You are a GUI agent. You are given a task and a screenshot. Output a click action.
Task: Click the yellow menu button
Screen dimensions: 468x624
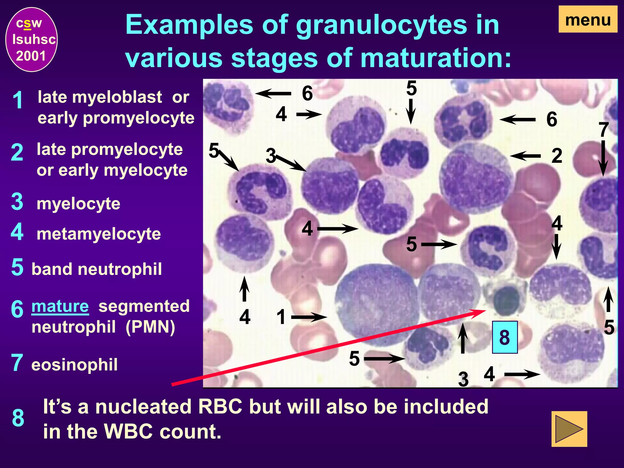588,20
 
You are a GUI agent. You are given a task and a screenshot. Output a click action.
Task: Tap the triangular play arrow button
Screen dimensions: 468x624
569,429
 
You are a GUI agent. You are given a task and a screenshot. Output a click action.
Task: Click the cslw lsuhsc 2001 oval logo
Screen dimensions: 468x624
32,40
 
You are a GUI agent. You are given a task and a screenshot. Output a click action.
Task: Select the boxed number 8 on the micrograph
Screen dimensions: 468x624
505,337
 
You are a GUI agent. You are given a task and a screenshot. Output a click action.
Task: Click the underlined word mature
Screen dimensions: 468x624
60,306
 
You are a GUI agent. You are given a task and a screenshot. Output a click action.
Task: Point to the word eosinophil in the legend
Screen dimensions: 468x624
74,365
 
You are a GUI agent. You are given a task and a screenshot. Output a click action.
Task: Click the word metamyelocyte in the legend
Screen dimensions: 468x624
98,234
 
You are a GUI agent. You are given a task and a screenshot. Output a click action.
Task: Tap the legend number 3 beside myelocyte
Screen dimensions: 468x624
17,202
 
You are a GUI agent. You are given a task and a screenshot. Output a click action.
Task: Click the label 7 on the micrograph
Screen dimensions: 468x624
603,130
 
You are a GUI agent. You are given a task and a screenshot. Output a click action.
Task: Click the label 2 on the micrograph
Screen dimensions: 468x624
557,156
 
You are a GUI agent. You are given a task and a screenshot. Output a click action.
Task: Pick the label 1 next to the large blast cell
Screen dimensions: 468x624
281,317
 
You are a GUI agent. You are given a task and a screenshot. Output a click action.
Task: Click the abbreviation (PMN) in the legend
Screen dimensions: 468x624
150,327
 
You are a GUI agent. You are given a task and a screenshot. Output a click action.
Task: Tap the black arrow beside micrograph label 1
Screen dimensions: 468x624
308,317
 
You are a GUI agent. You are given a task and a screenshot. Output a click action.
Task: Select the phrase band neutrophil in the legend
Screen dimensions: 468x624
97,269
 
